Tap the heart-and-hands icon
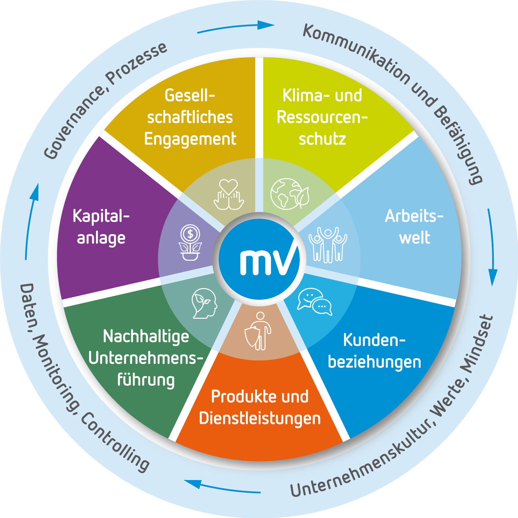[x=229, y=194]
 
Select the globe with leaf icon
[x=290, y=193]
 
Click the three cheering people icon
[x=328, y=244]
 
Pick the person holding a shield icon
[x=258, y=331]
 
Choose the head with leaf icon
[x=204, y=303]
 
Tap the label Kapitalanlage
[x=101, y=227]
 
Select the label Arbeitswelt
[x=414, y=227]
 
